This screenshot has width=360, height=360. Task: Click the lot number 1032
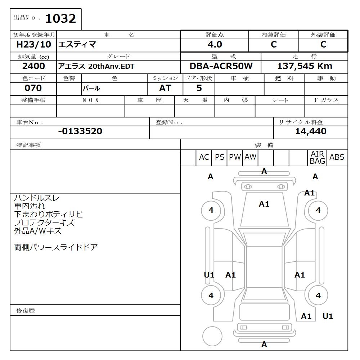(60, 19)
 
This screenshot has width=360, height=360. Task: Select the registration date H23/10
(34, 45)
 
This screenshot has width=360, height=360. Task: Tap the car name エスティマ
(77, 45)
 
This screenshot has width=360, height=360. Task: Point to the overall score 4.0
(215, 45)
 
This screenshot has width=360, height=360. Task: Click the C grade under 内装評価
(274, 45)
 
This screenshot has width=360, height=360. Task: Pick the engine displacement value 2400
(33, 66)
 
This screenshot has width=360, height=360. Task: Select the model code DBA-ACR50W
(221, 66)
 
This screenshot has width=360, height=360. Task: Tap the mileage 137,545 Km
(305, 66)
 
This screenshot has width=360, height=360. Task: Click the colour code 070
(33, 88)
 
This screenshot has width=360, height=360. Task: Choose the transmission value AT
(165, 88)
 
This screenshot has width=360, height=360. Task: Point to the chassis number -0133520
(80, 131)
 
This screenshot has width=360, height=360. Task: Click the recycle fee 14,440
(311, 131)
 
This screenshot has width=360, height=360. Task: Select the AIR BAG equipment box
(318, 158)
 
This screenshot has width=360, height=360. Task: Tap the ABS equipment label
(337, 157)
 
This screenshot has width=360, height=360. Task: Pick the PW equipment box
(235, 157)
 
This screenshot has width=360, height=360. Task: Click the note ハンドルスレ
(37, 198)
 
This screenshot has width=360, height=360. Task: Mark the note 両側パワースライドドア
(56, 247)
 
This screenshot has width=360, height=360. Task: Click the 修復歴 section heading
(26, 310)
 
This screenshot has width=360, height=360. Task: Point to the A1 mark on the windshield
(264, 204)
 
